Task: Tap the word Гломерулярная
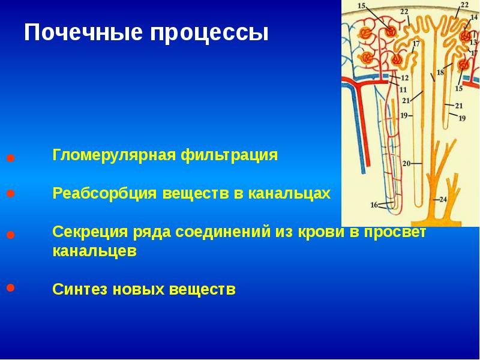click(112, 155)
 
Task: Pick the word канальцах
click(295, 194)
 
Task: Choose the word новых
click(133, 290)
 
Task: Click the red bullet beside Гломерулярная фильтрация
click(10, 159)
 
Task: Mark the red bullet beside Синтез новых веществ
click(10, 289)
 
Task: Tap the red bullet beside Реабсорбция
click(10, 194)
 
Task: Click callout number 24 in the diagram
click(443, 199)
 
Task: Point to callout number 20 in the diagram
click(406, 163)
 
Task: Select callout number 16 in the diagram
click(374, 205)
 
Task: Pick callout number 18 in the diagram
click(440, 72)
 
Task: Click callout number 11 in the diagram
click(403, 90)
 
